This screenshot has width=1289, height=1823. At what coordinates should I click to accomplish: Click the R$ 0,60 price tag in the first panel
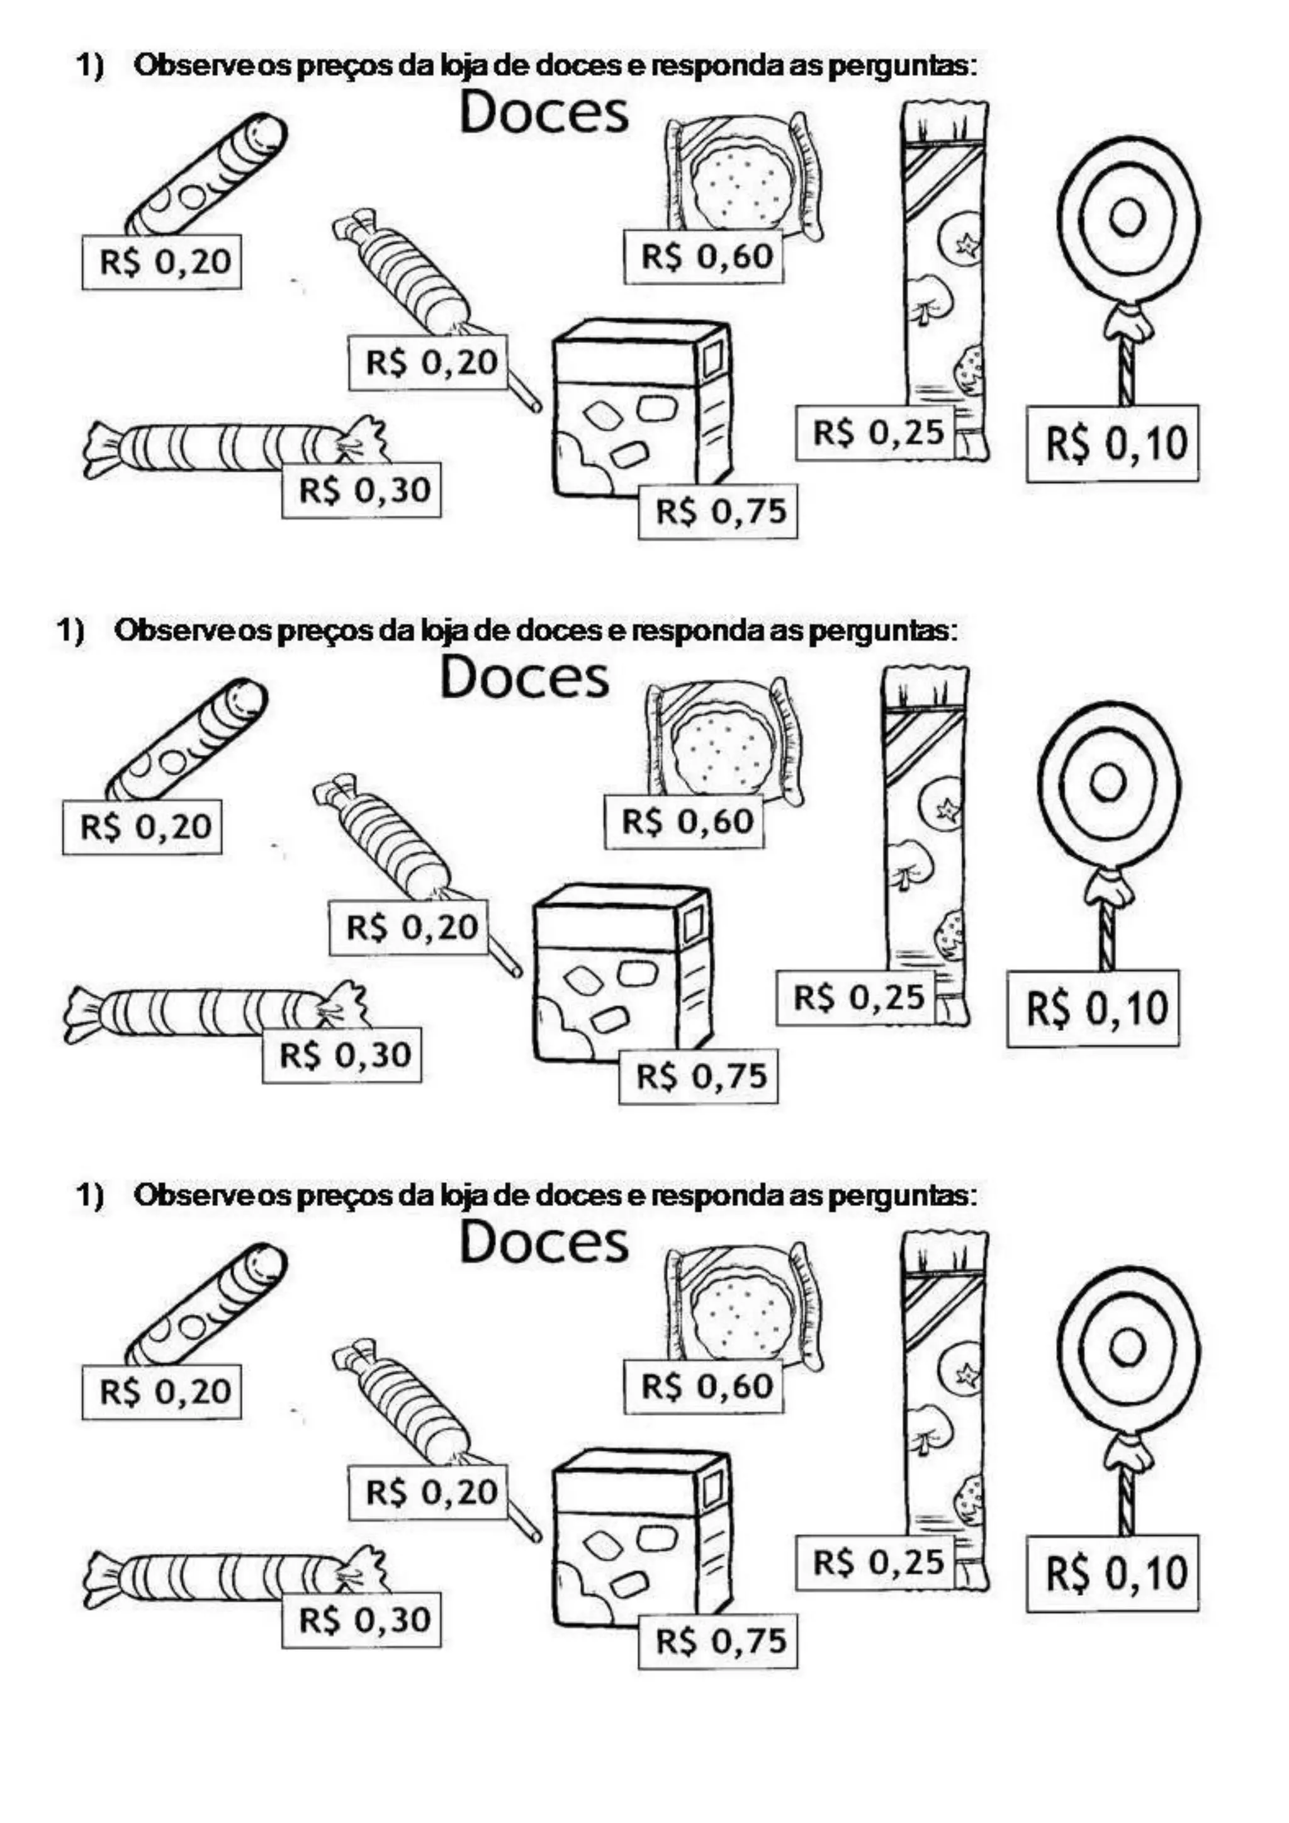click(x=703, y=256)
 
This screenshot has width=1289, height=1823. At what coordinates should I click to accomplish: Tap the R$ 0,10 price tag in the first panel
click(x=1112, y=443)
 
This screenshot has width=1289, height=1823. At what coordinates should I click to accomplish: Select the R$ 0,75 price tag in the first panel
click(x=718, y=511)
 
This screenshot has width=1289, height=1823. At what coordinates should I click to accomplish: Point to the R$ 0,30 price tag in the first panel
click(x=361, y=490)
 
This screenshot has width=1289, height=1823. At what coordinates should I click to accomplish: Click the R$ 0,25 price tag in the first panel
click(x=875, y=432)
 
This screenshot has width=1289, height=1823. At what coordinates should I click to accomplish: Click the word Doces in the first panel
click(x=544, y=113)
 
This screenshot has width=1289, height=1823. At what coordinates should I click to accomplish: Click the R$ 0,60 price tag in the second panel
click(x=684, y=821)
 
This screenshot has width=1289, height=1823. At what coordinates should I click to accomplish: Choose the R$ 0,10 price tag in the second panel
click(x=1093, y=1008)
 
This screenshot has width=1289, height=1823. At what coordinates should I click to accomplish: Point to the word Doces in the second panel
click(x=525, y=678)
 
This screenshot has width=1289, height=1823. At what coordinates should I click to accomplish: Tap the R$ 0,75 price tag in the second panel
click(x=699, y=1076)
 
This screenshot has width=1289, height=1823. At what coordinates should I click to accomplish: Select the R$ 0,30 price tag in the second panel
click(x=342, y=1055)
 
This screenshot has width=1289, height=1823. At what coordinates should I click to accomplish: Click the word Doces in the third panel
click(x=544, y=1243)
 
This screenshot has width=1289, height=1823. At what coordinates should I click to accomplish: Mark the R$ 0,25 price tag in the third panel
click(x=875, y=1562)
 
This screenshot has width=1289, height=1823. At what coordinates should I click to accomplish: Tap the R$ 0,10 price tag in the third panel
click(x=1112, y=1573)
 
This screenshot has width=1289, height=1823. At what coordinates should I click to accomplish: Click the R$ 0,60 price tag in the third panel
click(x=703, y=1386)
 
